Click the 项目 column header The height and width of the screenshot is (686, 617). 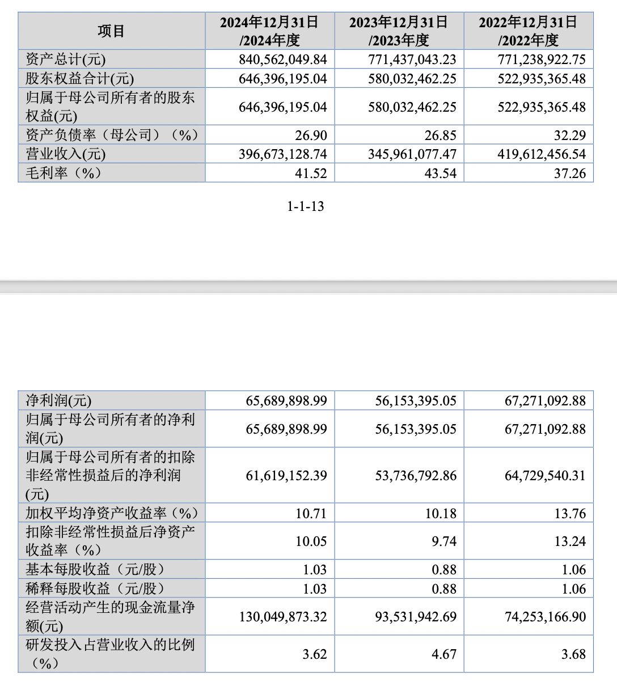click(x=111, y=31)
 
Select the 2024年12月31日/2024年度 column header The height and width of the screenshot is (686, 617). click(x=269, y=31)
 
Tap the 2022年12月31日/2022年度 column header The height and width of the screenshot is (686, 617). click(x=528, y=31)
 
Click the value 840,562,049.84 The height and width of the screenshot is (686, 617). click(x=283, y=60)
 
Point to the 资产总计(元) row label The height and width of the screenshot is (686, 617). click(x=66, y=60)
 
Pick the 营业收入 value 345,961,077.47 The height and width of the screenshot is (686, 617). click(x=412, y=154)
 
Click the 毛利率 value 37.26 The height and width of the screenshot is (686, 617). click(x=569, y=173)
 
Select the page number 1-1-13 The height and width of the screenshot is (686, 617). click(x=306, y=206)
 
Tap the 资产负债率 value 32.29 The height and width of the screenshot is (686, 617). click(x=570, y=135)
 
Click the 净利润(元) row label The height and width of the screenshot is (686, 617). click(x=58, y=401)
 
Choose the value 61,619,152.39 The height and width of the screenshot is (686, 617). click(x=286, y=476)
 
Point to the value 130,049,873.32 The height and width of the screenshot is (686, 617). click(x=283, y=617)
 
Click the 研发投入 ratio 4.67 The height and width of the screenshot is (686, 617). click(x=444, y=654)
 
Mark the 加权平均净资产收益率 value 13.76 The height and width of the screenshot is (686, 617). click(x=570, y=514)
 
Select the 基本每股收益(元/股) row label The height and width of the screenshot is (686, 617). click(x=95, y=569)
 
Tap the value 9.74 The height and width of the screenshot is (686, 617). click(x=444, y=541)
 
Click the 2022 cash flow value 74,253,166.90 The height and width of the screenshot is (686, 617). click(x=545, y=617)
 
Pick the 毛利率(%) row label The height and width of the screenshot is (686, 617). click(x=64, y=173)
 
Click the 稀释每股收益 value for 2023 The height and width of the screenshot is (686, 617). click(x=444, y=589)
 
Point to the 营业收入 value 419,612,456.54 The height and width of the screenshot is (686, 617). click(x=542, y=154)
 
